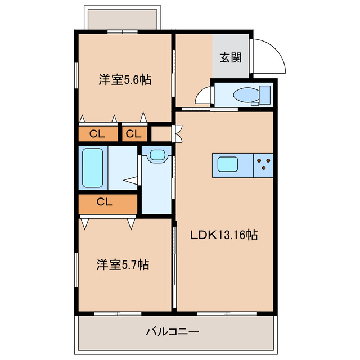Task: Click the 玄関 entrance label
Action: (x=231, y=57)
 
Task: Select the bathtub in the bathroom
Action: (x=93, y=168)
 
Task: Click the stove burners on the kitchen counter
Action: (x=263, y=164)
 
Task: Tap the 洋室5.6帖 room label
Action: (x=125, y=80)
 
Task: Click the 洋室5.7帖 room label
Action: (x=123, y=264)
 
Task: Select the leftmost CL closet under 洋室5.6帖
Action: (x=98, y=134)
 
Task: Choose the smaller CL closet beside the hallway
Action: (x=134, y=134)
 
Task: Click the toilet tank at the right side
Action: (x=265, y=94)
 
